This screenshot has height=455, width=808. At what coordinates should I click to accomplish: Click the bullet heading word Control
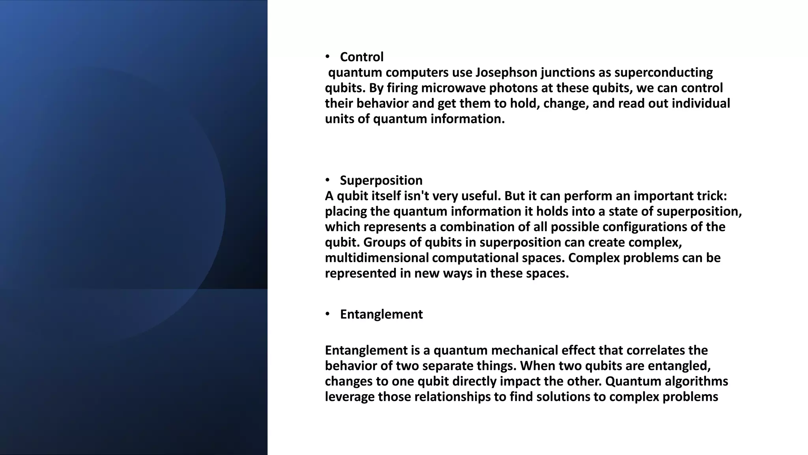(361, 57)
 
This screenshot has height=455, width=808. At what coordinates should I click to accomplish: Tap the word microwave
(453, 88)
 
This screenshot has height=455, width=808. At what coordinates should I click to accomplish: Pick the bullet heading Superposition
(381, 180)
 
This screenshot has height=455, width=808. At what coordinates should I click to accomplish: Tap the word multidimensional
(377, 258)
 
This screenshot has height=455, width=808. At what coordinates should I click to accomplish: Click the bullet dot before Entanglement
(327, 314)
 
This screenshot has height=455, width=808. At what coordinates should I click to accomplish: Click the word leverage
(350, 397)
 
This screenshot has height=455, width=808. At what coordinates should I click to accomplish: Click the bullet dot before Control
(327, 57)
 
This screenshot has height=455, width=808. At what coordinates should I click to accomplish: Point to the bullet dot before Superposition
(327, 180)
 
